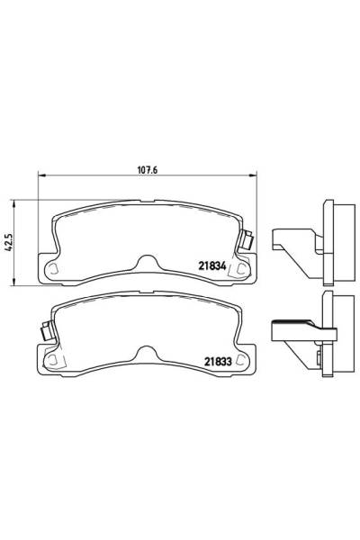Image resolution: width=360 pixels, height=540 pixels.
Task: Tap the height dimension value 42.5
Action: [x=9, y=242]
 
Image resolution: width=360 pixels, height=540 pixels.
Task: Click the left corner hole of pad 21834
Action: [x=52, y=267]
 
